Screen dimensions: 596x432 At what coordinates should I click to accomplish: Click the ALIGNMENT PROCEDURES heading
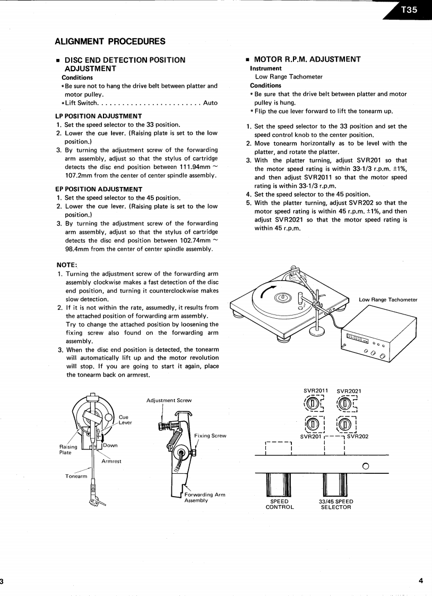[x=110, y=41]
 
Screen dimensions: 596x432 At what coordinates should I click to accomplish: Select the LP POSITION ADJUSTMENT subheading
[x=98, y=115]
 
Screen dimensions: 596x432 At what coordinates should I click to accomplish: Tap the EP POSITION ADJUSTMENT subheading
[x=98, y=189]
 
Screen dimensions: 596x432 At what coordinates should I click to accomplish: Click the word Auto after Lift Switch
[x=210, y=103]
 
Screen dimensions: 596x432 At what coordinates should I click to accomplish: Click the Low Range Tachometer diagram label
[x=388, y=300]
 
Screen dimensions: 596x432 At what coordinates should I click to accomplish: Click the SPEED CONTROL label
[x=280, y=504]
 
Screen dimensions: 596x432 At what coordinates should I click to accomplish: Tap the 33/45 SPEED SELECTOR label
[x=336, y=504]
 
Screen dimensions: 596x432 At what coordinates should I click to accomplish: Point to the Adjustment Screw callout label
[x=169, y=400]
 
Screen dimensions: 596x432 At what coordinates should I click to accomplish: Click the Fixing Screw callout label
[x=211, y=436]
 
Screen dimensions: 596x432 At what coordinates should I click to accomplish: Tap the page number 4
[x=421, y=581]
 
